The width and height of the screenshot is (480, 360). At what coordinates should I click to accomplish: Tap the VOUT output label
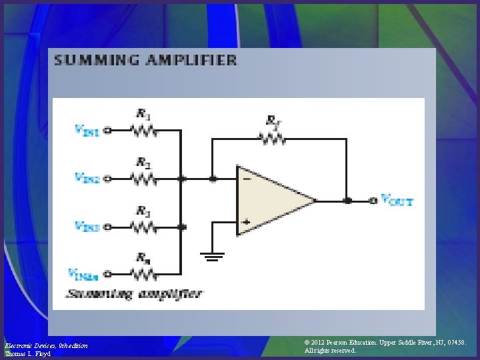point(397,199)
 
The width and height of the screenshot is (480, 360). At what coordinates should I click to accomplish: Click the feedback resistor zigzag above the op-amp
point(273,139)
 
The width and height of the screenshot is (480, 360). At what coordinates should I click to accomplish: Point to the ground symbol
point(211,256)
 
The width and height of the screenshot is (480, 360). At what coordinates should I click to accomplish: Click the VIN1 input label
point(87,131)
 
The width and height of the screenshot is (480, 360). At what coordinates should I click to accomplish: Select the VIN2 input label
point(87,178)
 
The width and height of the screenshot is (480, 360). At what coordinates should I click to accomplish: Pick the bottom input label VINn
point(84,273)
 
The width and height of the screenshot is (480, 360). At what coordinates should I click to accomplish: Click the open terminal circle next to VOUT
point(373,199)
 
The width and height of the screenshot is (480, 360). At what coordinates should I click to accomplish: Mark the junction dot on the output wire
point(347,199)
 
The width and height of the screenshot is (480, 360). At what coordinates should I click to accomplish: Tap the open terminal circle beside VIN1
point(107,131)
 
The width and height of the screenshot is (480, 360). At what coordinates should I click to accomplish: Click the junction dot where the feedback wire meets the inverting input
point(212,178)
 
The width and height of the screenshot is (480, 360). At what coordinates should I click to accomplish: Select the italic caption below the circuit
point(134,293)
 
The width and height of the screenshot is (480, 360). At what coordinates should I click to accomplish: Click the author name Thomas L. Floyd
point(27,353)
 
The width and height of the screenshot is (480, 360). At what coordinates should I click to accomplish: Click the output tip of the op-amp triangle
point(315,199)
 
